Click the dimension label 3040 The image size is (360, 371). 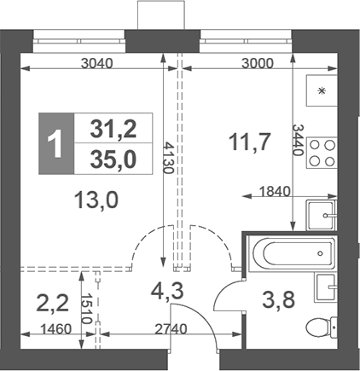coord(101,63)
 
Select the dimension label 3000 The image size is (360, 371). coord(258,63)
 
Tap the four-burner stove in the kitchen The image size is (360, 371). coord(322,155)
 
